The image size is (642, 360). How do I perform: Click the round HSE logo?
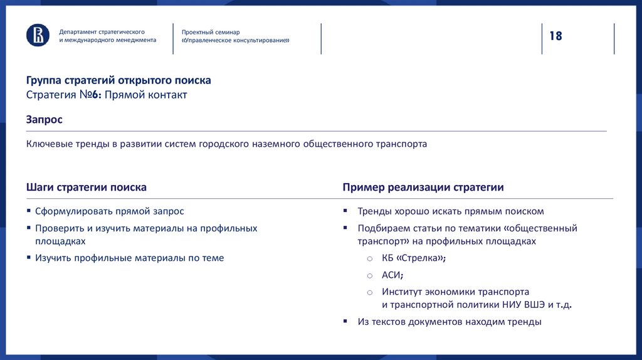[38, 35]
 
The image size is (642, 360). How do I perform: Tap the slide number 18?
[556, 36]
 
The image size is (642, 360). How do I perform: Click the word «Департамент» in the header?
[78, 31]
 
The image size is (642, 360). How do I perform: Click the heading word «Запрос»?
[44, 119]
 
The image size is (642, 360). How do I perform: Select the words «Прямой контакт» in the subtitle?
[146, 95]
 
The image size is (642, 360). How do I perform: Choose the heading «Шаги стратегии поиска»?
[87, 188]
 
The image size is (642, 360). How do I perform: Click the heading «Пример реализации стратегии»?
[423, 188]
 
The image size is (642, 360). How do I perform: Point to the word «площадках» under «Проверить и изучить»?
[60, 240]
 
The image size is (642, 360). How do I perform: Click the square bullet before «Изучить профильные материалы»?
[29, 258]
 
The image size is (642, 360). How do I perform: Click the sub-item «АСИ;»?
[392, 275]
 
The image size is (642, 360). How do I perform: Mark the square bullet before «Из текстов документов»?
[345, 322]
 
